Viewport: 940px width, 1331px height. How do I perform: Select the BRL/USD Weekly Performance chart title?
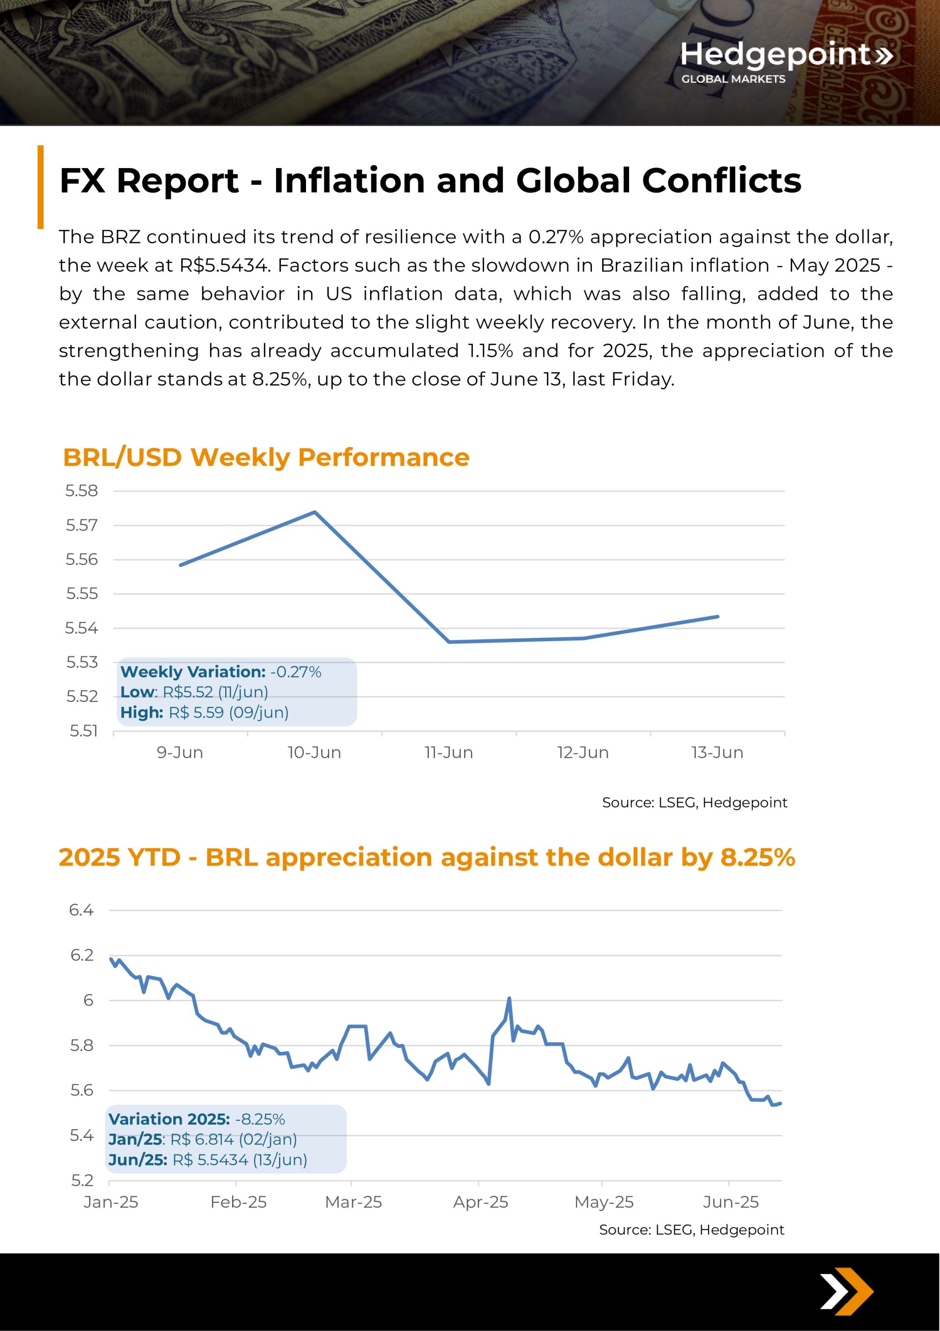coord(266,458)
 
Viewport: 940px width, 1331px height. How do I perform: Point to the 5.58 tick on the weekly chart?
coord(82,491)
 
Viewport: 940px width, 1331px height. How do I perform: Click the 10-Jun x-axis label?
coord(314,752)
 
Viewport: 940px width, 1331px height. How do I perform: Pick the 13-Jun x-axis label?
coord(717,752)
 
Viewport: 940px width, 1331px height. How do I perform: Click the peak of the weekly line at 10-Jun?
coord(315,512)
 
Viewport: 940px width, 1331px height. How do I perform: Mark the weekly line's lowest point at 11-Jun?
coord(449,642)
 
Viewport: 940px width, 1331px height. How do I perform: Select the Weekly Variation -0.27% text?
coord(221,672)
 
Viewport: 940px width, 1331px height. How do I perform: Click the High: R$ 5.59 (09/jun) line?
coord(205,712)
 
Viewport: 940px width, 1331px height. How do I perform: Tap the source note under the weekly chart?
coord(694,802)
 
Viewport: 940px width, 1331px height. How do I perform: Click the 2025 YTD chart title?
coord(426,857)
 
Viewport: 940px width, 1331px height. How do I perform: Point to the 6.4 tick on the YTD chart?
coord(81,910)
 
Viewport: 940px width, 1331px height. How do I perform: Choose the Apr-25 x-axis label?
coord(480,1202)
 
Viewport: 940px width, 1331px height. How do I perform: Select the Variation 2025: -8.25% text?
coord(196,1119)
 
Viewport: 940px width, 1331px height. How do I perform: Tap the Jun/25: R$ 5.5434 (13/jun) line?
coord(208,1160)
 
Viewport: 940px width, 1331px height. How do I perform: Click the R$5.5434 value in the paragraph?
coord(223,266)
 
